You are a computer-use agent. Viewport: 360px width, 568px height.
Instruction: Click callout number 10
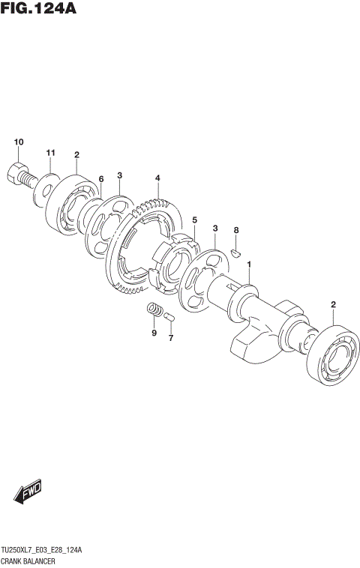click(19, 142)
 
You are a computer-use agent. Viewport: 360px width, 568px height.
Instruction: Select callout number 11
click(51, 154)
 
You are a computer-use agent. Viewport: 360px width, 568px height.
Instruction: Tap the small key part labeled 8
click(234, 253)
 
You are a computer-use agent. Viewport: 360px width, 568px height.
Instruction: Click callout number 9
click(154, 333)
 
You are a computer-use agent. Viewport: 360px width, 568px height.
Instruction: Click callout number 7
click(170, 338)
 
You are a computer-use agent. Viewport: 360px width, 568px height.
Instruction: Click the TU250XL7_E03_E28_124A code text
click(43, 550)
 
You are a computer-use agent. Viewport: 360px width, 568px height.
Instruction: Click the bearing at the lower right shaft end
click(331, 357)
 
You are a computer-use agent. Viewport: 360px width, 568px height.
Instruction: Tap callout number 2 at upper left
click(76, 154)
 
